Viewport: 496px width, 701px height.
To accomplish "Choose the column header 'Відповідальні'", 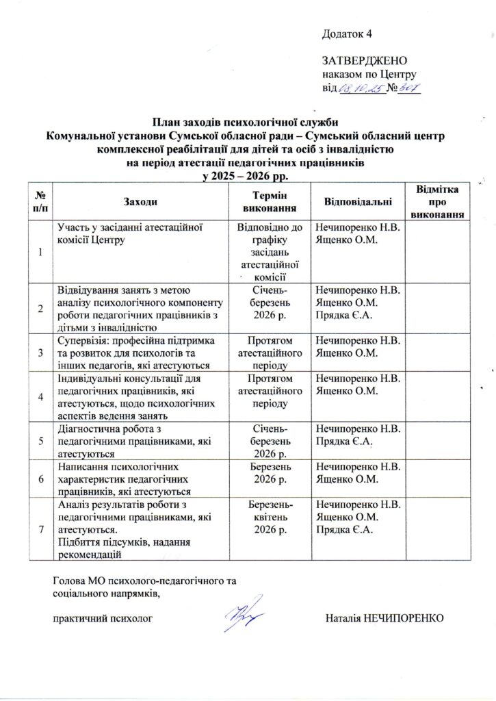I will [x=357, y=201].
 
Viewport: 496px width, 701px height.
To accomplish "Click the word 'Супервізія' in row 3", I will [x=81, y=340].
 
